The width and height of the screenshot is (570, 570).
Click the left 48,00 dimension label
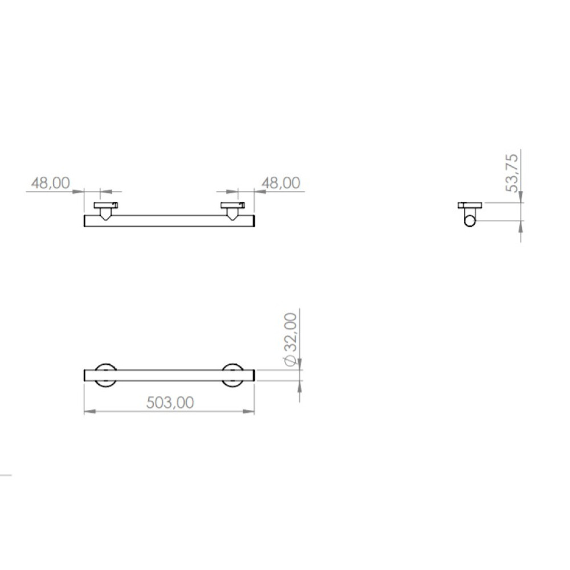coord(51,183)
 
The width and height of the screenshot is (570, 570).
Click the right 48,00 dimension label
coord(281,183)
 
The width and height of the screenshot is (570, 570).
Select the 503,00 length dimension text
coord(170,403)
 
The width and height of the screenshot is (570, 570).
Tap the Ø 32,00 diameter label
coord(290,340)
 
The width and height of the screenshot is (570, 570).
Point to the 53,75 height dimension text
coord(512,173)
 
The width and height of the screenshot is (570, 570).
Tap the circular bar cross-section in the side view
coord(470,221)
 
